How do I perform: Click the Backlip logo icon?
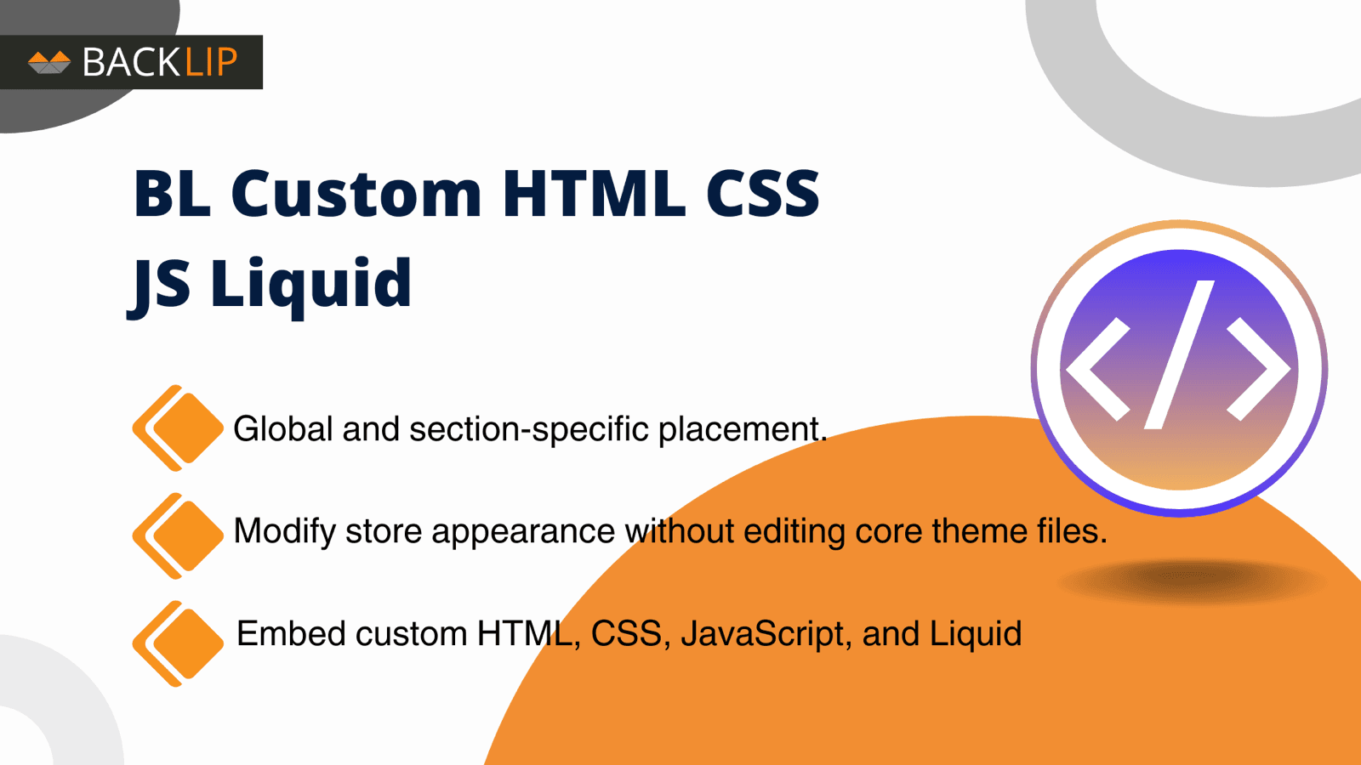click(49, 62)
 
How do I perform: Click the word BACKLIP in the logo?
click(160, 62)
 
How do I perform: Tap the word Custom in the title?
click(356, 194)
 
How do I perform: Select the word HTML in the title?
click(593, 194)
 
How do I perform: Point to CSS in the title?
click(762, 194)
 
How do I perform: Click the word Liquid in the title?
click(310, 284)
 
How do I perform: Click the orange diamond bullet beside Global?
click(181, 428)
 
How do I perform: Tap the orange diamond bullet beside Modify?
click(181, 535)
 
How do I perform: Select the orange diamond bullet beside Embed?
click(181, 643)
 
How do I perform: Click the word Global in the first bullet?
click(283, 429)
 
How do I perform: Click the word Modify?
click(285, 532)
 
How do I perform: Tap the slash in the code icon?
click(1180, 354)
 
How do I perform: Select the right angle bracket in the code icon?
click(1259, 369)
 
